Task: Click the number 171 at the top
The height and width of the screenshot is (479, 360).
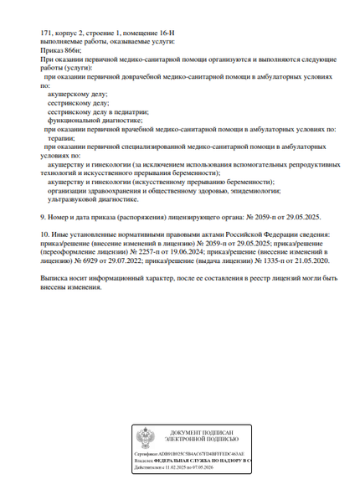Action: pyautogui.click(x=46, y=31)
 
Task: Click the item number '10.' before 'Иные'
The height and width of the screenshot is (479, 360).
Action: pyautogui.click(x=45, y=235)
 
